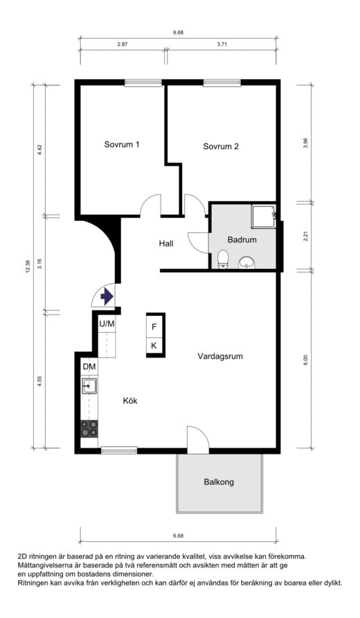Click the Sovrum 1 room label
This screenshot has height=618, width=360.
[122, 144]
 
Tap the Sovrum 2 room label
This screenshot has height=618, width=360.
[221, 146]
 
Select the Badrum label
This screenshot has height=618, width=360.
[242, 240]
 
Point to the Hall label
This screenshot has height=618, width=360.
[166, 244]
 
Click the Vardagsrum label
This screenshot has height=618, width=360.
[220, 356]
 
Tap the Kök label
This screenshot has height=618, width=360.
[130, 401]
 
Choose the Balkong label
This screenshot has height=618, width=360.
[219, 482]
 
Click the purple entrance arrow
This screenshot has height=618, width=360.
[107, 297]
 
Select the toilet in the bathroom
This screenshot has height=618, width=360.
[224, 259]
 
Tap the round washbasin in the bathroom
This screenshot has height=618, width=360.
[247, 262]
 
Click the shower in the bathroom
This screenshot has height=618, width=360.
[264, 216]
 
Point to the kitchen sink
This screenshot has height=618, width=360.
[89, 386]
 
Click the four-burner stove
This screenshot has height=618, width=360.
[89, 428]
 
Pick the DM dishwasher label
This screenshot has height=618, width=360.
[89, 367]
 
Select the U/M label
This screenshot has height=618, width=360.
[107, 324]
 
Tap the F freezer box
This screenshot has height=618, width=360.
[155, 327]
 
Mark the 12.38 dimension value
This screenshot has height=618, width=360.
[28, 267]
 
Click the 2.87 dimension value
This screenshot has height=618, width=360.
[123, 44]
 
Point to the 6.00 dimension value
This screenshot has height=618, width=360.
[305, 360]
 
